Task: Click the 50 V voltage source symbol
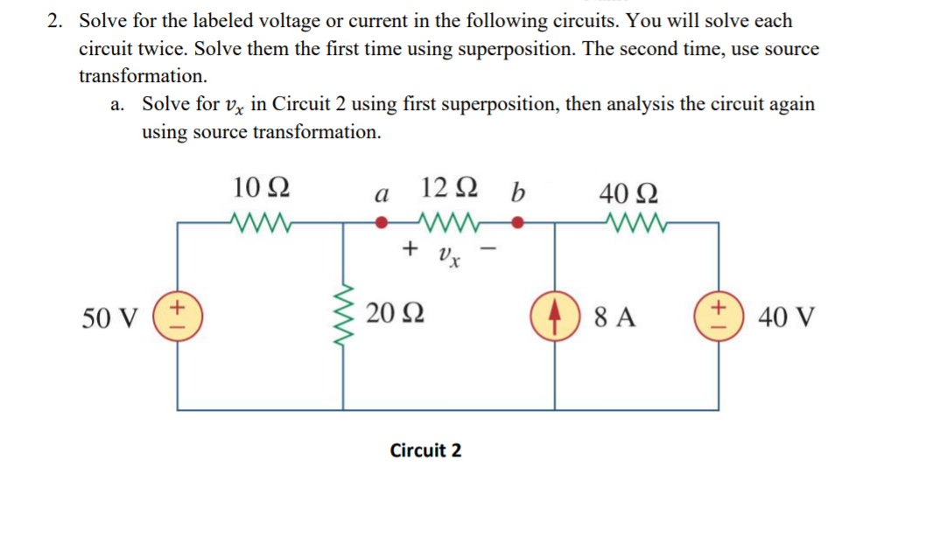point(178,316)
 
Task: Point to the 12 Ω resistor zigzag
point(447,222)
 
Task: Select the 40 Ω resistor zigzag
point(629,222)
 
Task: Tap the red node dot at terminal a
point(380,222)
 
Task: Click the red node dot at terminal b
point(518,222)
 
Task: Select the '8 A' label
point(614,316)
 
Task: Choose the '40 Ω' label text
point(630,190)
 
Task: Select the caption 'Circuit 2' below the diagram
point(425,451)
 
